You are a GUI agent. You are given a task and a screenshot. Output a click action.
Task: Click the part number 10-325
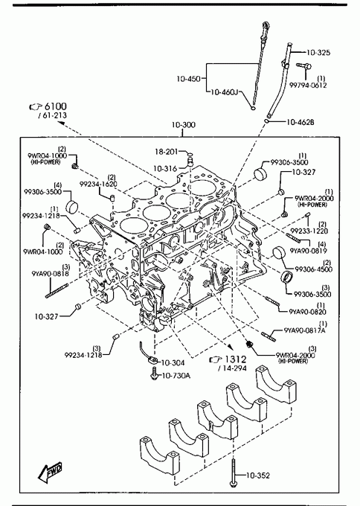click(x=318, y=53)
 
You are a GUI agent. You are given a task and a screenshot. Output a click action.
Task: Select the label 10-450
click(x=188, y=78)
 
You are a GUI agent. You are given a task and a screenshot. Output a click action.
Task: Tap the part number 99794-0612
click(x=308, y=85)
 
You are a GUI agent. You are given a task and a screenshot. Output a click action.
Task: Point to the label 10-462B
click(x=300, y=122)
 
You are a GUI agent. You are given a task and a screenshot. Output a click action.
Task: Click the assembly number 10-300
click(x=183, y=125)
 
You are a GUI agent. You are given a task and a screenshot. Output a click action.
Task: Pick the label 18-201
click(x=167, y=151)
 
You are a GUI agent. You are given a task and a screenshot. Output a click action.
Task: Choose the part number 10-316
click(x=165, y=168)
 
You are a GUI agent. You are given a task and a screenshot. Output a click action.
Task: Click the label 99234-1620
click(x=98, y=184)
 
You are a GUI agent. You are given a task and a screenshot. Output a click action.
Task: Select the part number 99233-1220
click(x=309, y=231)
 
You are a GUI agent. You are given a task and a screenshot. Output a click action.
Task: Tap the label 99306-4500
click(x=314, y=269)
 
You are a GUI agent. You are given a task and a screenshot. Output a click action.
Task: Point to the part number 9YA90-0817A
click(x=304, y=330)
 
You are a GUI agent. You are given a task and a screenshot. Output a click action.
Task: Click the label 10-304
click(x=173, y=362)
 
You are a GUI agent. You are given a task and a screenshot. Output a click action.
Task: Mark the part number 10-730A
click(x=176, y=376)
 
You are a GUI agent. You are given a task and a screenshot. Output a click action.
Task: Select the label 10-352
click(x=258, y=475)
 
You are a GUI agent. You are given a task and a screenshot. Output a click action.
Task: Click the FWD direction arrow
click(x=49, y=473)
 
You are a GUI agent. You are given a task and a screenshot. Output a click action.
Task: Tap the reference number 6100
click(x=55, y=106)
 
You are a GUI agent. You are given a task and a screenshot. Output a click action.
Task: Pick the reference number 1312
click(x=235, y=359)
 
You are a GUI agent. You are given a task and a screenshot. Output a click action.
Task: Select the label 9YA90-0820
click(x=307, y=311)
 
